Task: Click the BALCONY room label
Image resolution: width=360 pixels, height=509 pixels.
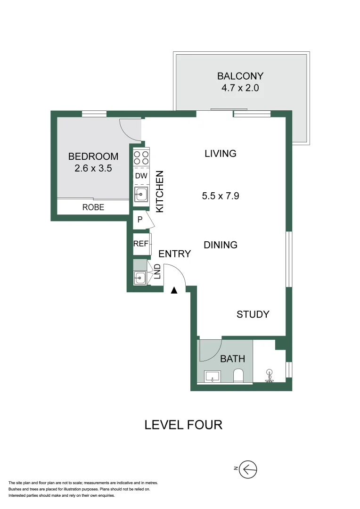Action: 240,76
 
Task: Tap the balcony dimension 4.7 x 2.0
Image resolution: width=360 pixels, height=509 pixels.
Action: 240,88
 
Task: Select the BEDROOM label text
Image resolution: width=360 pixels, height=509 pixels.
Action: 93,156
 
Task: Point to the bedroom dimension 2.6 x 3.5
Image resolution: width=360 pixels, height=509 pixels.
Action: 93,168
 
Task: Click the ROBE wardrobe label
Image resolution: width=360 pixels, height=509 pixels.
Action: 93,207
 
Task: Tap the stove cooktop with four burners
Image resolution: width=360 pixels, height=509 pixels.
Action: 141,157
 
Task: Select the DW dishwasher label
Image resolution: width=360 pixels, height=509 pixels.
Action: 141,176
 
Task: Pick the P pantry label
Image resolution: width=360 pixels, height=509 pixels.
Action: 140,220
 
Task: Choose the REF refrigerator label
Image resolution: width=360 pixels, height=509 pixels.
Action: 141,244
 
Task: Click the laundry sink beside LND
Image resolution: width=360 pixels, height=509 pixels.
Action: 140,278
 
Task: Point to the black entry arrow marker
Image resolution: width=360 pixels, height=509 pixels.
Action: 174,290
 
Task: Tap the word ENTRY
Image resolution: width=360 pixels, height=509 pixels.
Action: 174,254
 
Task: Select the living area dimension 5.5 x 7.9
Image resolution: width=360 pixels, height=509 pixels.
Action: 220,196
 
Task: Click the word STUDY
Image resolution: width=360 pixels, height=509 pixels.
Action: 253,314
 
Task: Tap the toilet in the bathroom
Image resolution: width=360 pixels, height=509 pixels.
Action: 238,376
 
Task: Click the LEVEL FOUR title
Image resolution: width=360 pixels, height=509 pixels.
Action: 183,425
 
